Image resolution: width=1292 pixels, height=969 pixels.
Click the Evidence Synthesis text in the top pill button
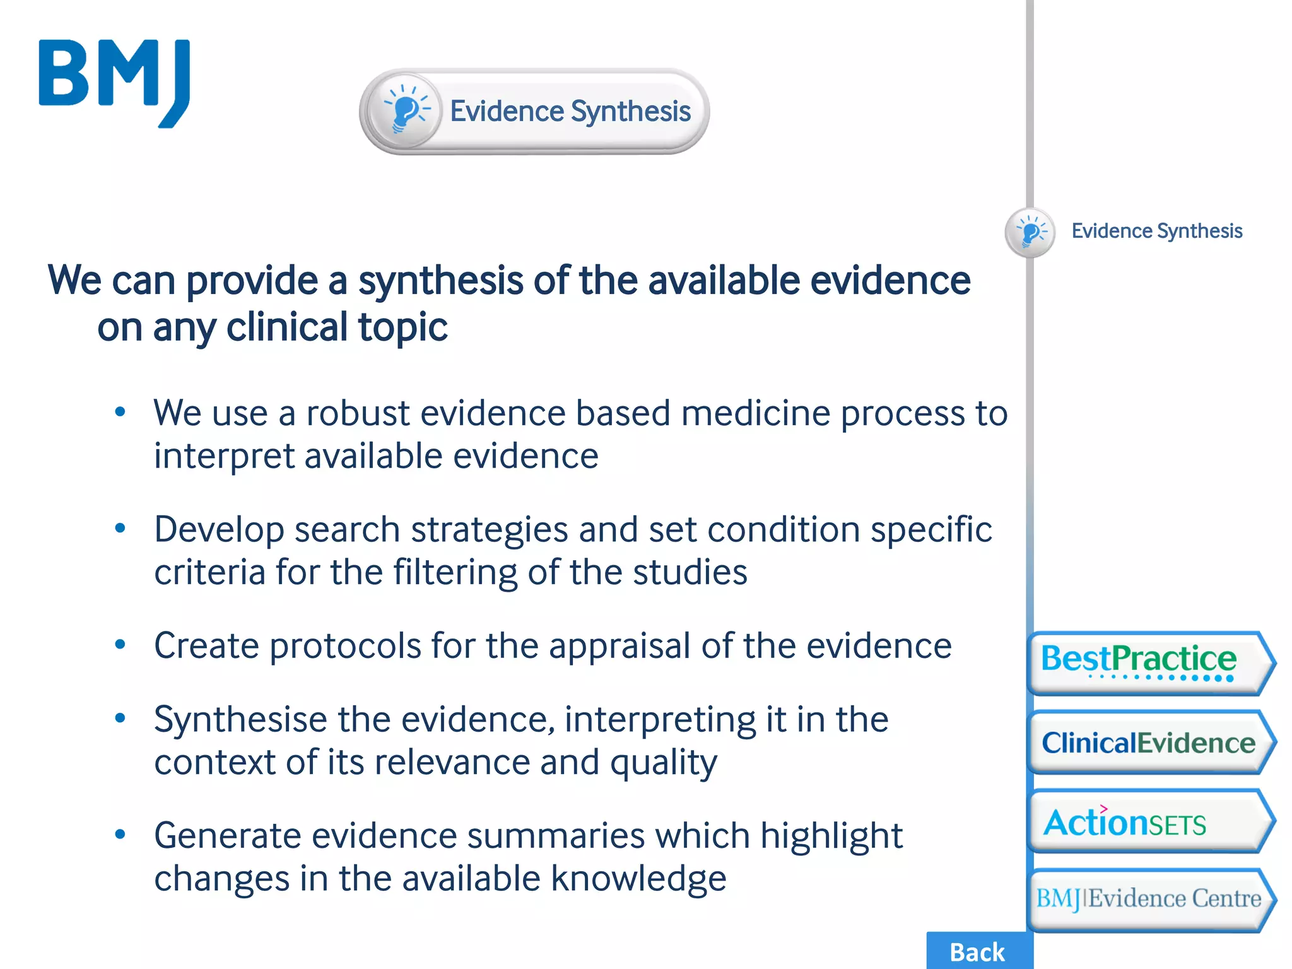[x=570, y=111]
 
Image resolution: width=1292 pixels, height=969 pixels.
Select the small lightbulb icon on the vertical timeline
[x=1030, y=232]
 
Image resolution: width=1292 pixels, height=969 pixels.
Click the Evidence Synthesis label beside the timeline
[x=1156, y=231]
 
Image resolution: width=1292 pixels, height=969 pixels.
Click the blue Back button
[x=977, y=951]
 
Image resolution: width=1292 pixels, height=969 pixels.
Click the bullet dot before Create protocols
[x=120, y=645]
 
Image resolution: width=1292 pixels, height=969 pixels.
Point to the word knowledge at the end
[x=638, y=879]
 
